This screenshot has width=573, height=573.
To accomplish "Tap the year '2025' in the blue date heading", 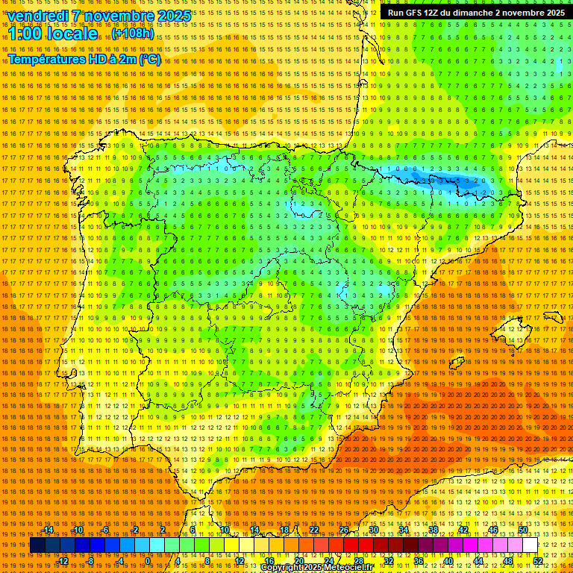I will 170,16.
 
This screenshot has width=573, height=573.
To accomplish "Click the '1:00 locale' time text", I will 53,34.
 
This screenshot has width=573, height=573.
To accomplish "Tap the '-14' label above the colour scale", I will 48,530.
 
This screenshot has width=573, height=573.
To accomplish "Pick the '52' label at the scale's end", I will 538,561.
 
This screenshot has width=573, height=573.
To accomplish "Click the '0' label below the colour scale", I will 148,561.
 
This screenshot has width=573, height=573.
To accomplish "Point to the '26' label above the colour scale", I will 344,530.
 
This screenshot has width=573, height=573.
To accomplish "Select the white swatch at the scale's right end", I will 530,545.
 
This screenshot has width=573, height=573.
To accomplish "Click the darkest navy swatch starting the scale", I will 37,545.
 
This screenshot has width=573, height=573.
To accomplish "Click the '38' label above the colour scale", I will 433,530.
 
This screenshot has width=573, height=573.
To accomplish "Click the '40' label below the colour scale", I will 448,561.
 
